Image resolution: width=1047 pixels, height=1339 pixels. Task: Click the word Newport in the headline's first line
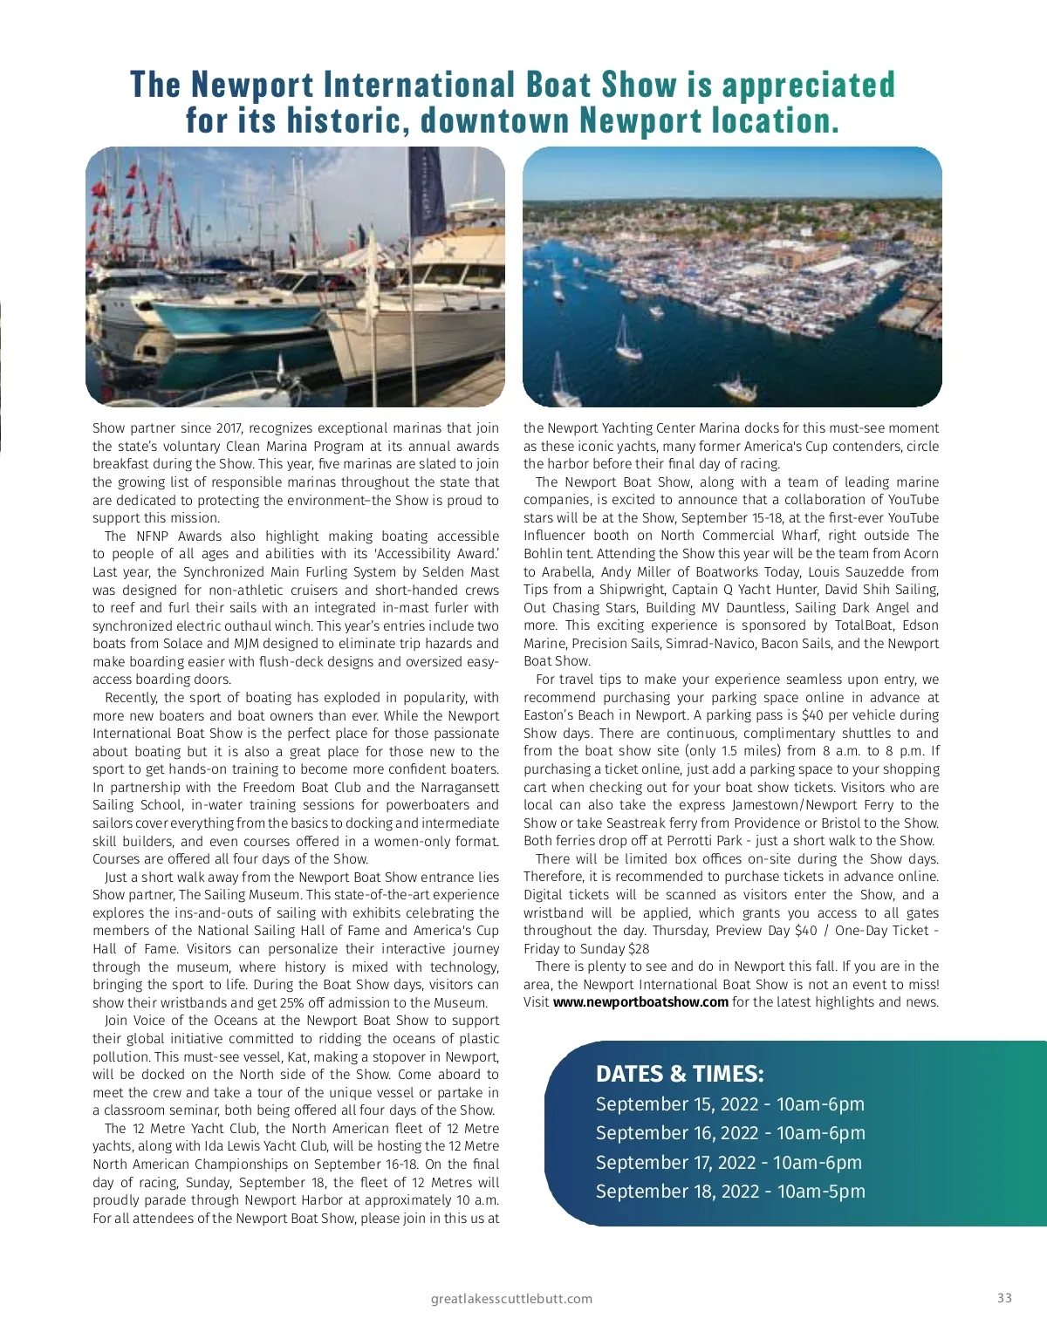pyautogui.click(x=252, y=85)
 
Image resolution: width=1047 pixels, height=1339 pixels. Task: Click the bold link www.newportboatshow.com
pyautogui.click(x=640, y=1002)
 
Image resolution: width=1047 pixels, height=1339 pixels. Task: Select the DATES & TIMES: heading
pyautogui.click(x=680, y=1074)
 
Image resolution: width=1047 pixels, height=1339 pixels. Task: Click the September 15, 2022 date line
pyautogui.click(x=729, y=1104)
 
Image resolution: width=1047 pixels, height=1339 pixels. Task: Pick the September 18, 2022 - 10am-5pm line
pyautogui.click(x=730, y=1192)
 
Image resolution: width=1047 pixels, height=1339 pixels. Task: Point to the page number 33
pyautogui.click(x=1004, y=1298)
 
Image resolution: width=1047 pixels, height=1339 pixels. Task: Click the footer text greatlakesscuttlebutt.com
pyautogui.click(x=511, y=1299)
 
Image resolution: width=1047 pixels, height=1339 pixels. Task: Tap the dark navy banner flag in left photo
pyautogui.click(x=428, y=192)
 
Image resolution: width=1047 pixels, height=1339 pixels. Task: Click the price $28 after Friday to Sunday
pyautogui.click(x=639, y=949)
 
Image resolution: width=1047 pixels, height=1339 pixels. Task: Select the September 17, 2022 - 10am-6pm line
pyautogui.click(x=729, y=1163)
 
